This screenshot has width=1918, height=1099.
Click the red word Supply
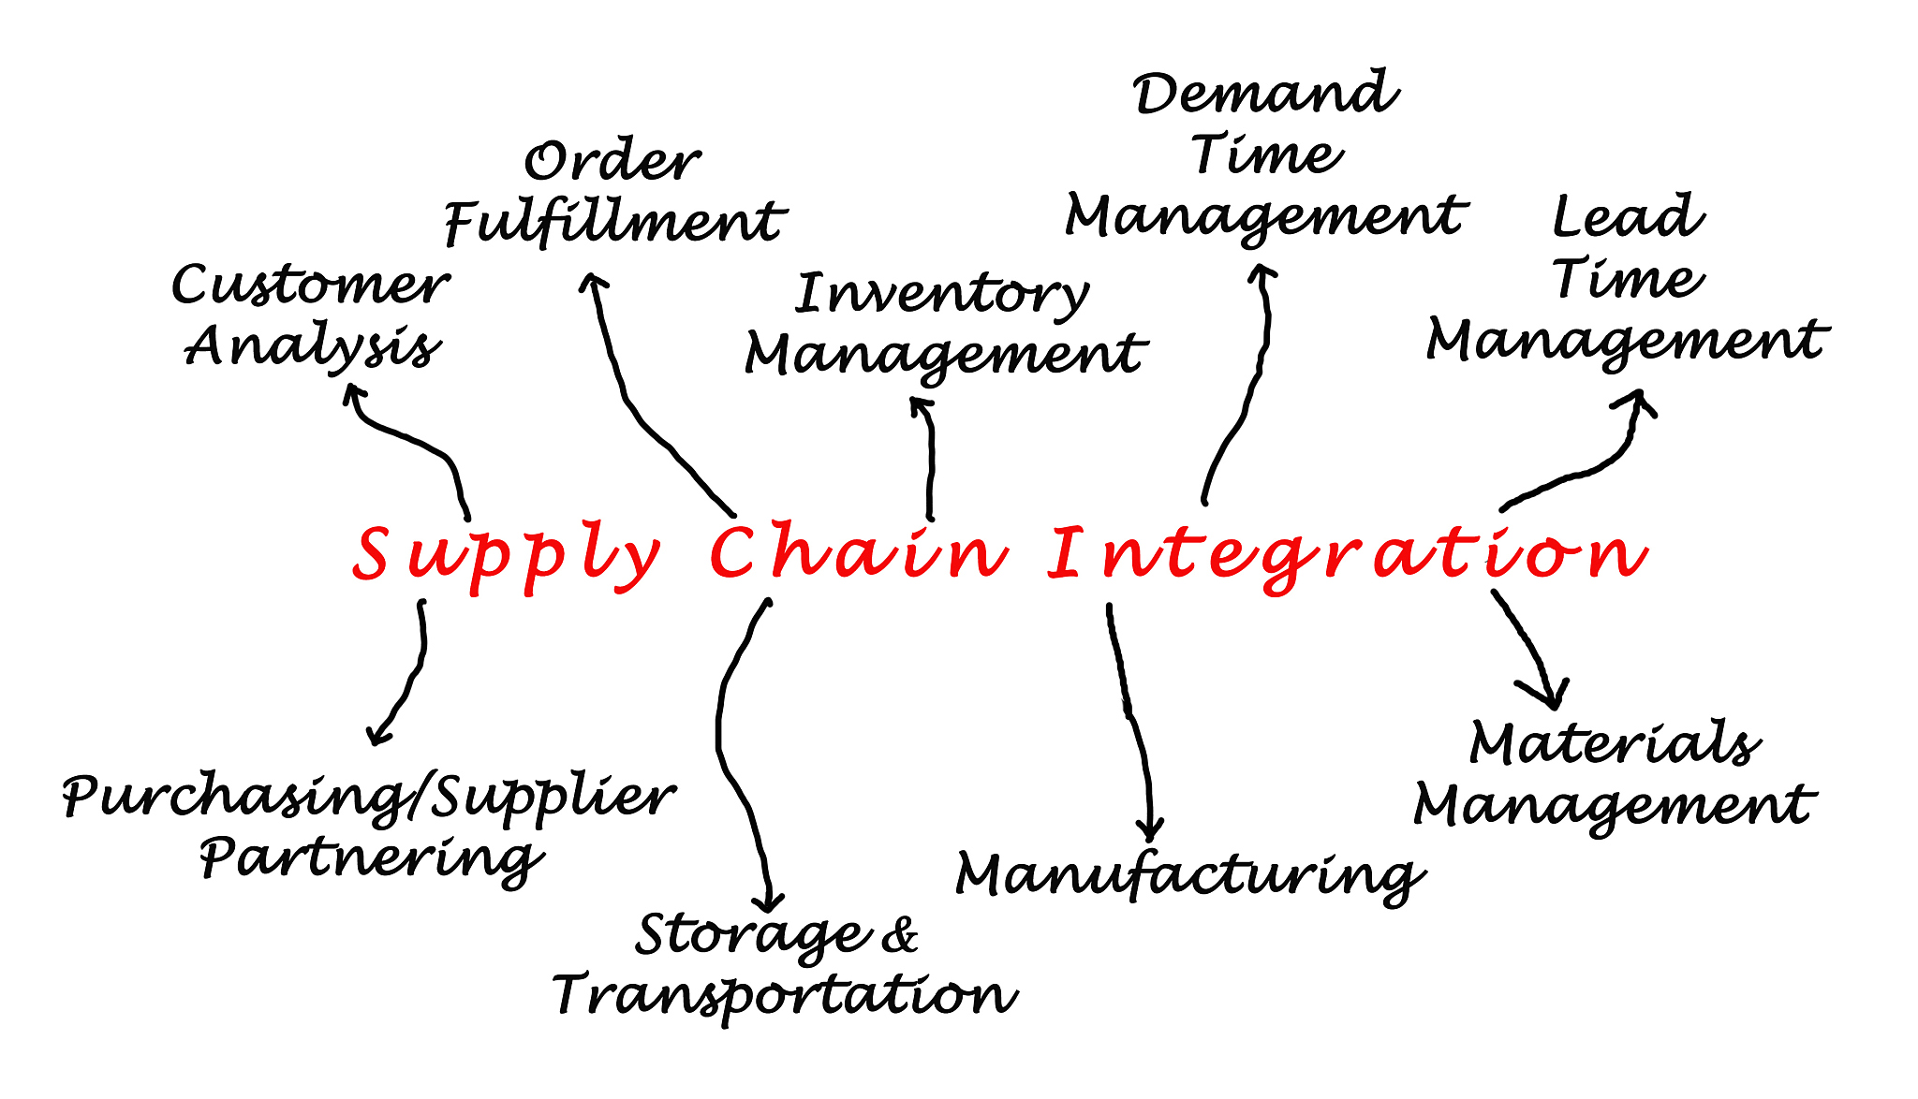pyautogui.click(x=506, y=555)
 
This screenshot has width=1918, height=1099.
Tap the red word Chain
pyautogui.click(x=858, y=552)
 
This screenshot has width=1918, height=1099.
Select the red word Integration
pyautogui.click(x=1347, y=554)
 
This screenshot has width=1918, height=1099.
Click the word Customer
pyautogui.click(x=310, y=286)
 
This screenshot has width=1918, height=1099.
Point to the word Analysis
pyautogui.click(x=313, y=347)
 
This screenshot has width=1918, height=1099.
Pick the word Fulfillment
pyautogui.click(x=614, y=223)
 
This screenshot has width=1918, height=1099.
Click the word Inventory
pyautogui.click(x=942, y=295)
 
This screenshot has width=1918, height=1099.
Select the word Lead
pyautogui.click(x=1628, y=217)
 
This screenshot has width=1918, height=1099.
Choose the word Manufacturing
pyautogui.click(x=1189, y=876)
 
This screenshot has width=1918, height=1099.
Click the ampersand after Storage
pyautogui.click(x=900, y=934)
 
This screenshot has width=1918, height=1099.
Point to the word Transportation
pyautogui.click(x=785, y=995)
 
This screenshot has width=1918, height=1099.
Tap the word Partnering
pyautogui.click(x=371, y=858)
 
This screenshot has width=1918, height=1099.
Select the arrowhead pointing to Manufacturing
pyautogui.click(x=1150, y=829)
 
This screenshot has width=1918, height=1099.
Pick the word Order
pyautogui.click(x=612, y=163)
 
